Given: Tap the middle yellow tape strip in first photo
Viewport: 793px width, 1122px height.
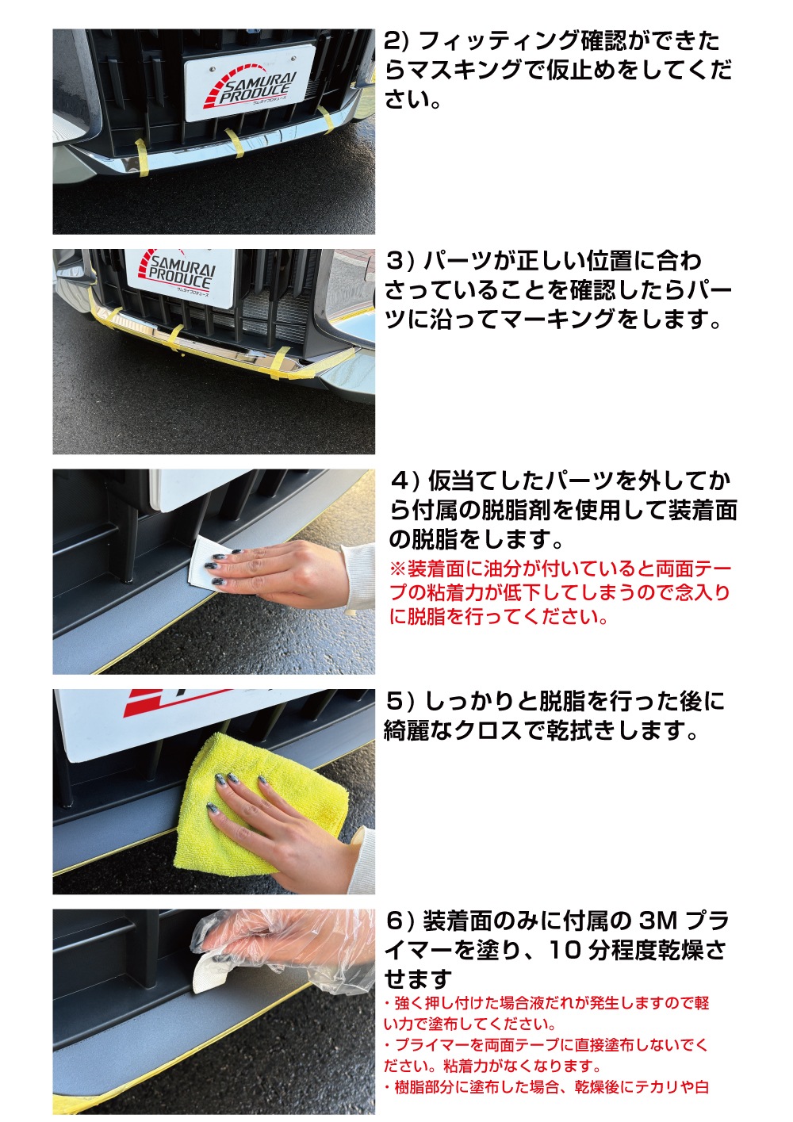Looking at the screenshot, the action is click(235, 142).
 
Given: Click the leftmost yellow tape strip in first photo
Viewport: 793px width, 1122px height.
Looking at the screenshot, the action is click(142, 157).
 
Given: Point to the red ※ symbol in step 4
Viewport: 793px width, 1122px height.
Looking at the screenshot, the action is click(397, 569).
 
